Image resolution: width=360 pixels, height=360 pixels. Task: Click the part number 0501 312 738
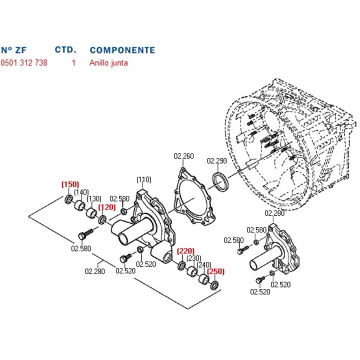(x=24, y=63)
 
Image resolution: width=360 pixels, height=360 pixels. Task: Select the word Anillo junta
(x=109, y=63)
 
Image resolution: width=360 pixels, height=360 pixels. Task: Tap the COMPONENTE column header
(x=122, y=50)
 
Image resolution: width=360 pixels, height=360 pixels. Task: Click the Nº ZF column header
(x=13, y=50)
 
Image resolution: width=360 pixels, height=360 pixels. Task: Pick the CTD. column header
(x=65, y=50)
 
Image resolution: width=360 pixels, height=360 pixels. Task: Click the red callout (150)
(x=70, y=184)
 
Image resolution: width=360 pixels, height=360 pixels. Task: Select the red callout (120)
(x=106, y=207)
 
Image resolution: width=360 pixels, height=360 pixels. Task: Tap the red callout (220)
(x=185, y=251)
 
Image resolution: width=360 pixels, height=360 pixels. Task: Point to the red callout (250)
(x=216, y=271)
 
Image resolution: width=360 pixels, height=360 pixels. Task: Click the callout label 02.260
(x=183, y=156)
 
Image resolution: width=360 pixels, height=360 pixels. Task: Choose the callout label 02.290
(x=217, y=161)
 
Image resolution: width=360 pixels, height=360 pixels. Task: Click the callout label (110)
(x=143, y=179)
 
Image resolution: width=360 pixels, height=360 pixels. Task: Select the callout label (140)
(x=81, y=192)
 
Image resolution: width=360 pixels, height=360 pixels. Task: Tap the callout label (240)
(x=204, y=265)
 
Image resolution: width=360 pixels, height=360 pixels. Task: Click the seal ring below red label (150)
(x=69, y=200)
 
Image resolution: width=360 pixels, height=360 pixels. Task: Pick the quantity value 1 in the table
(x=73, y=63)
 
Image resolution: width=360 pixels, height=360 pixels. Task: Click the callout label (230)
(x=193, y=258)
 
